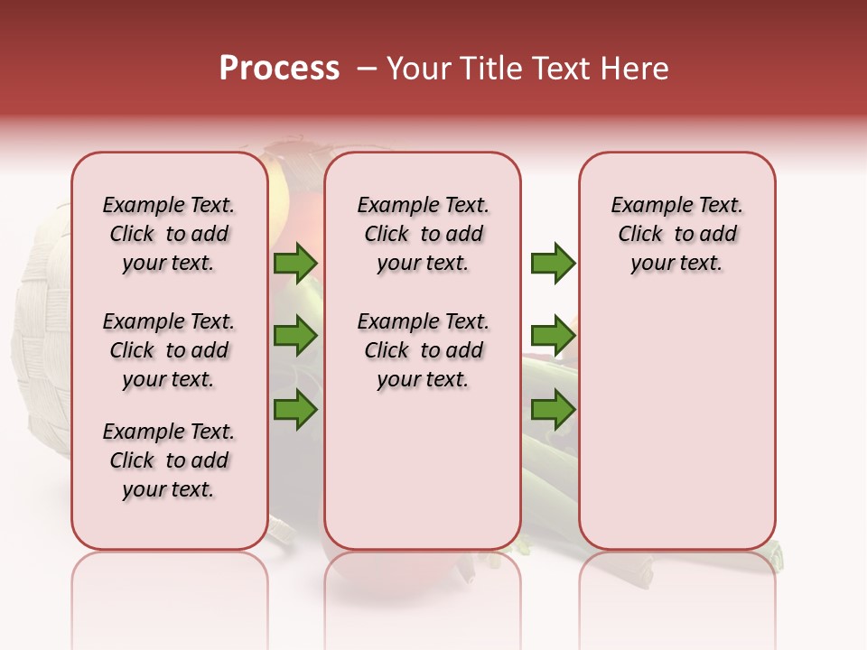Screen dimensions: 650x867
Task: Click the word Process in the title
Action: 279,69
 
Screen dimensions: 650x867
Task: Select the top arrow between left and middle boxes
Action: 295,264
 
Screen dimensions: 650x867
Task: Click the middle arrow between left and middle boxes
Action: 295,336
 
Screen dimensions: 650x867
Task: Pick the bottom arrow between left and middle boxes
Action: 295,410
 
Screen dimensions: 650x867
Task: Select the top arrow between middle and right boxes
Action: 553,264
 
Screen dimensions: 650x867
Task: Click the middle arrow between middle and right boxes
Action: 553,336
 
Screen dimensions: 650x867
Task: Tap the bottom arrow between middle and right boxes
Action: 553,410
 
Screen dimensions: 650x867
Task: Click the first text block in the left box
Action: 169,234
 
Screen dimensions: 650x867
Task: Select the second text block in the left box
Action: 169,350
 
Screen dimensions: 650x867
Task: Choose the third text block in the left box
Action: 169,460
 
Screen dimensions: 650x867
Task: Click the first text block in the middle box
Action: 423,234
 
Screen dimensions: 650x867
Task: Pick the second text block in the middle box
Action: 423,350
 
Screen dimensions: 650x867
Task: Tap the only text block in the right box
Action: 677,234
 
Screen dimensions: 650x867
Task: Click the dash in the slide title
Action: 367,69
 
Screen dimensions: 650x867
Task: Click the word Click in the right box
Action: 640,235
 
